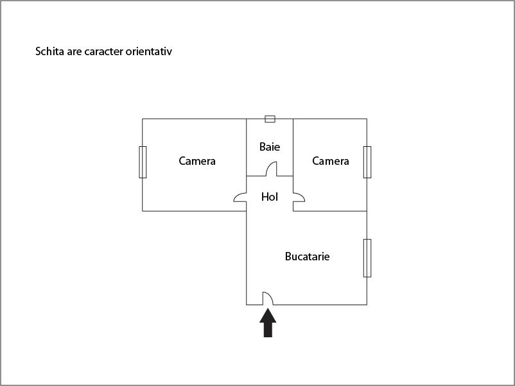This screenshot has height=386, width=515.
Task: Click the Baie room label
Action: click(270, 147)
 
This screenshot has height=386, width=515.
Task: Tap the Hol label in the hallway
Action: click(270, 197)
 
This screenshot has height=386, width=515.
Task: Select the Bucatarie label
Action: click(307, 256)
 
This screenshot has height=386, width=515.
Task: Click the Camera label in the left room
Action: click(197, 161)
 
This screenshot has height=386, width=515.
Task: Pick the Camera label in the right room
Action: click(331, 161)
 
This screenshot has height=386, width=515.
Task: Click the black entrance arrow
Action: click(268, 323)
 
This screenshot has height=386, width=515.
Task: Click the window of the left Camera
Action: click(143, 162)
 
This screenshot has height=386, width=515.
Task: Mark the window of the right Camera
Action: click(367, 162)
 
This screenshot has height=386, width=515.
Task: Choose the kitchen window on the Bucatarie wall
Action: click(367, 258)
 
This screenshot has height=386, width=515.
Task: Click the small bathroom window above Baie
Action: click(270, 119)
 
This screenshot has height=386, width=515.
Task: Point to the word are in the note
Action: click(74, 52)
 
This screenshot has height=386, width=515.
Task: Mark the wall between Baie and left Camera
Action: click(247, 147)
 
